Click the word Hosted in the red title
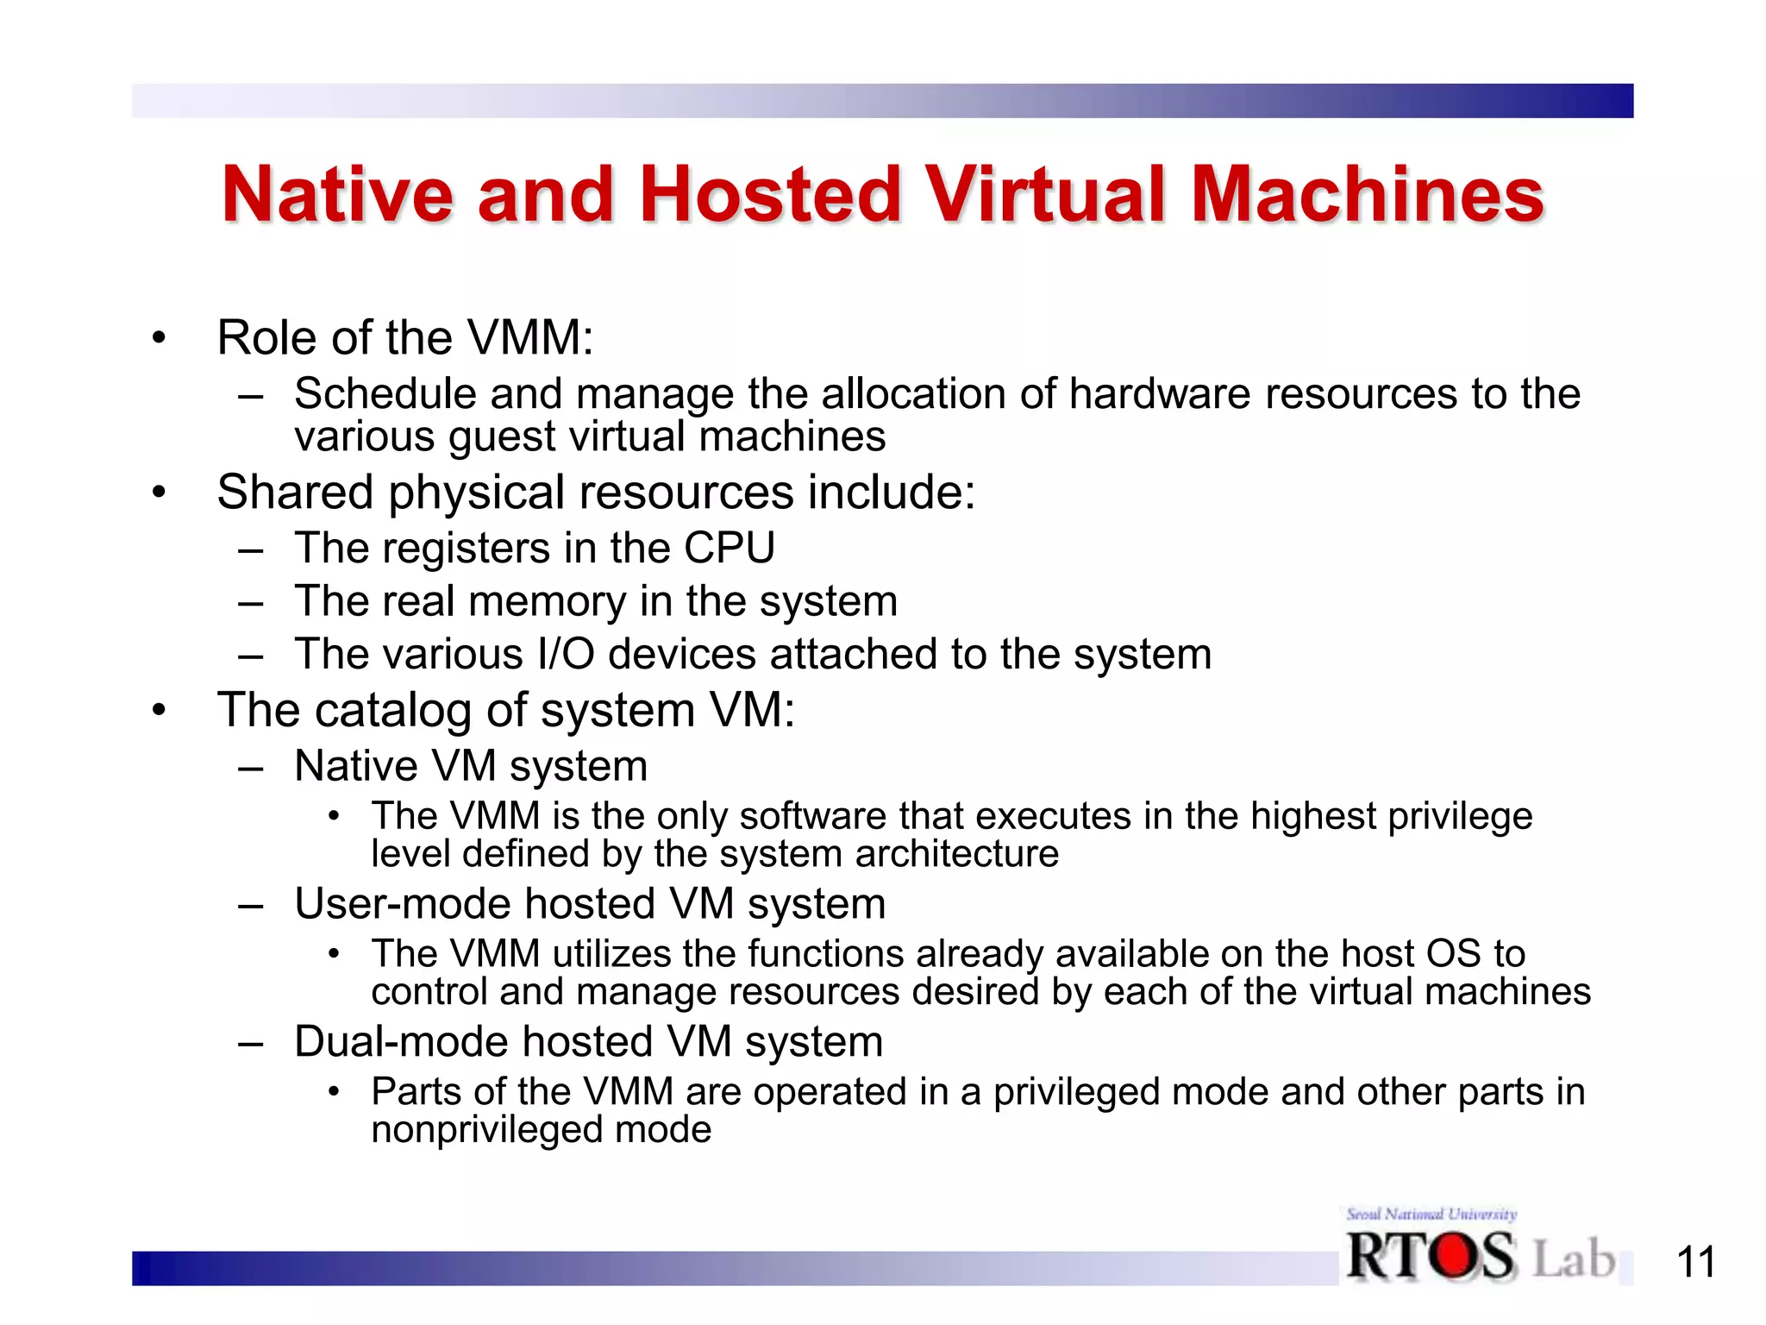pos(769,194)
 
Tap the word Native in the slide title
pos(337,194)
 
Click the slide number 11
pos(1695,1263)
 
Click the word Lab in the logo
pos(1574,1258)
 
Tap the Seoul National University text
pos(1431,1214)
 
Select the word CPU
pos(730,548)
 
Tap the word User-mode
pos(403,904)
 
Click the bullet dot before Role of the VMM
pos(158,338)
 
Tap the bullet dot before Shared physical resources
pos(158,493)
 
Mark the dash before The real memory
pos(250,602)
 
